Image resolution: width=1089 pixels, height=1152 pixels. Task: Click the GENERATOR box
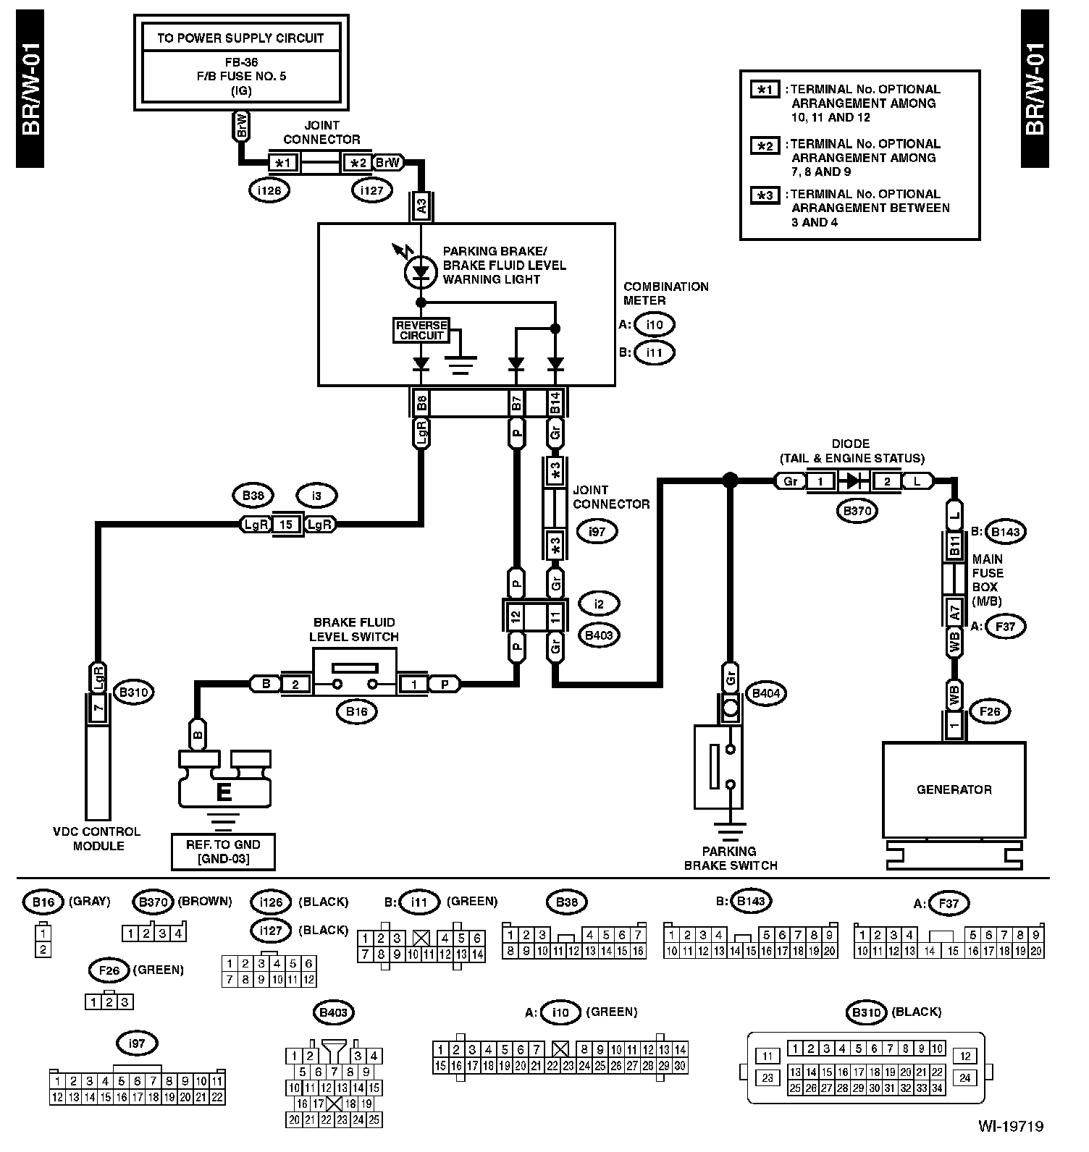[954, 789]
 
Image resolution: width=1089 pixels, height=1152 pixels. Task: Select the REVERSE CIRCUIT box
[421, 330]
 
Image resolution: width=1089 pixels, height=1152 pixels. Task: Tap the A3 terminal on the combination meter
[421, 204]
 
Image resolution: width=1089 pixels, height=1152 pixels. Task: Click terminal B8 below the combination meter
[421, 402]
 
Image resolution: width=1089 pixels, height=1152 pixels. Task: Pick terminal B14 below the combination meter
[555, 402]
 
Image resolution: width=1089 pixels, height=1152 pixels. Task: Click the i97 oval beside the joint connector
[597, 531]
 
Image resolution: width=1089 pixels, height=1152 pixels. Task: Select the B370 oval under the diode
[857, 511]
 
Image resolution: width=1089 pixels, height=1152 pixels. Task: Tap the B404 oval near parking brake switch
[769, 693]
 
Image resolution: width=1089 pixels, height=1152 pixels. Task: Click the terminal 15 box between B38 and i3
[286, 524]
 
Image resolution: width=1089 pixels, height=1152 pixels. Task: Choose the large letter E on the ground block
[224, 792]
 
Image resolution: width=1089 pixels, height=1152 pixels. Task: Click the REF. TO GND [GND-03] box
[223, 852]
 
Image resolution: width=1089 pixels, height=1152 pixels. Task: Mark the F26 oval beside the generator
[990, 712]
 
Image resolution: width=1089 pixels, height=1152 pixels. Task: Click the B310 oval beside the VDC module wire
[134, 693]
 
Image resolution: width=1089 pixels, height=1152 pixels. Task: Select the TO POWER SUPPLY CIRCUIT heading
[240, 38]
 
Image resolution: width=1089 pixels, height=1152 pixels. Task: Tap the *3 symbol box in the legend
[765, 196]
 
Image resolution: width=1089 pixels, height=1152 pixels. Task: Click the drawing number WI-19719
[1011, 1126]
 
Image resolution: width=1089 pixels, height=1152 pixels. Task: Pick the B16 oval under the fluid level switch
[357, 712]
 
